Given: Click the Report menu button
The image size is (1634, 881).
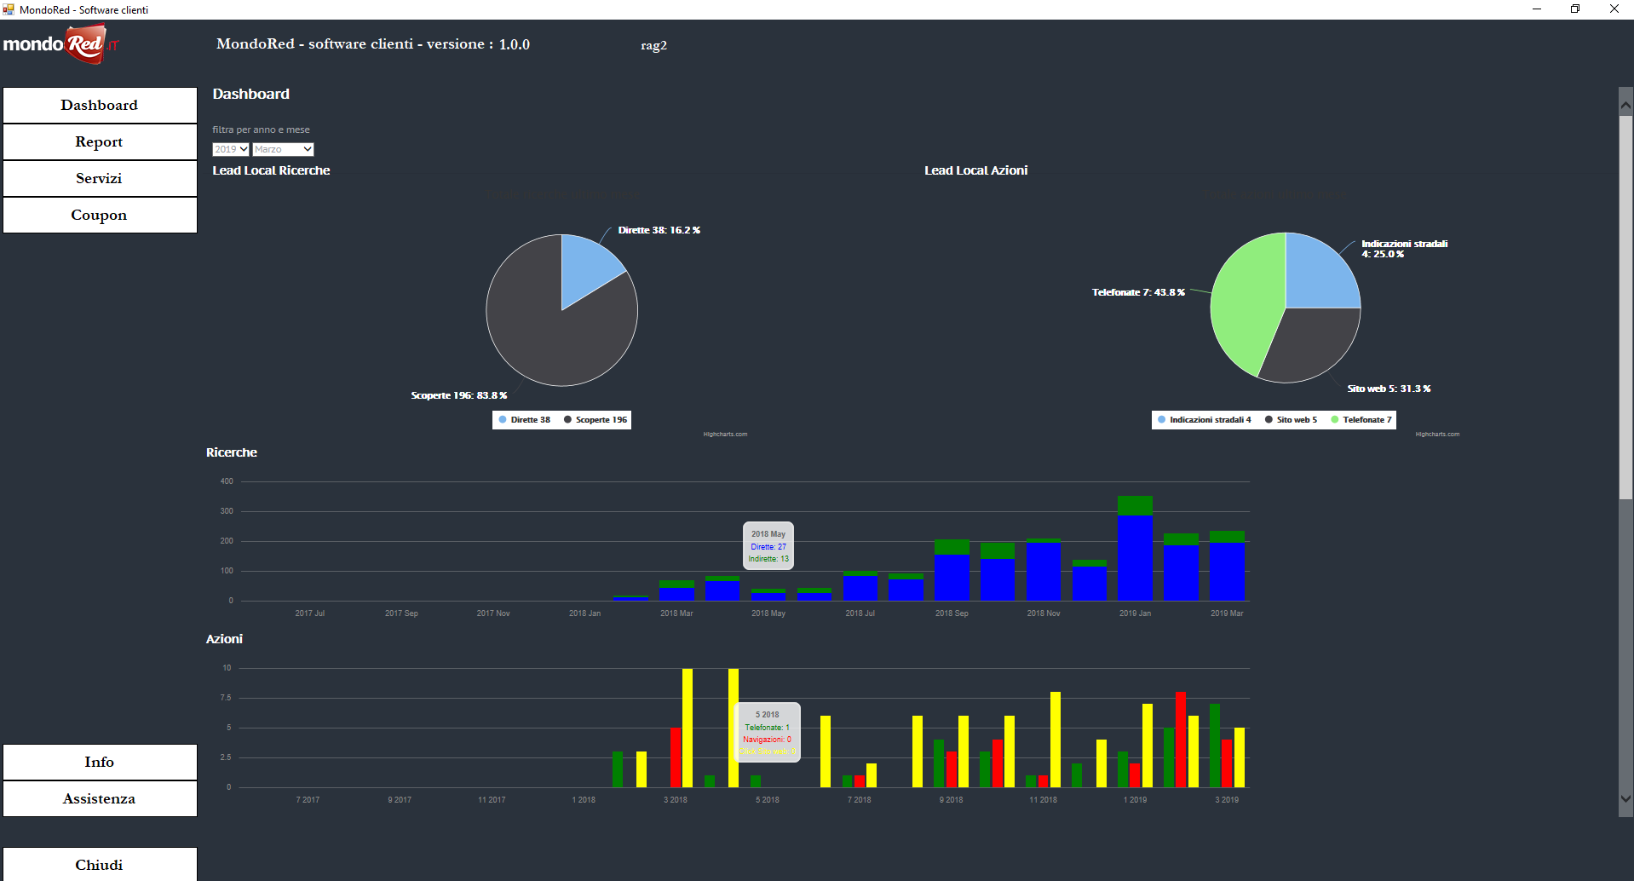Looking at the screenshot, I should click(100, 142).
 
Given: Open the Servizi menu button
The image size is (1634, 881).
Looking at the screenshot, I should click(100, 179).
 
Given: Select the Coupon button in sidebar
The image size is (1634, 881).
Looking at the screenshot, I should click(100, 216).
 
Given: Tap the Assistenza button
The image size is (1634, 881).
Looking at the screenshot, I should click(100, 799).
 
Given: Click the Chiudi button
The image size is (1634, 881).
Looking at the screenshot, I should click(100, 865).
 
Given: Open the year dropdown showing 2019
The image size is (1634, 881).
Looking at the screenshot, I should click(231, 149).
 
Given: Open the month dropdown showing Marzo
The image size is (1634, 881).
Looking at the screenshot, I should click(284, 149).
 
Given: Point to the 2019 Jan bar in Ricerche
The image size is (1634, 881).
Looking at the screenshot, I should click(1135, 554).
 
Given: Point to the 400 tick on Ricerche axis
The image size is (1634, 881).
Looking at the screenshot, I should click(227, 481).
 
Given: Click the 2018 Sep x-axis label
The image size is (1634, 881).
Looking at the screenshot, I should click(952, 613).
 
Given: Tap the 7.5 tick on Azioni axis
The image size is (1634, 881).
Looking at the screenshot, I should click(226, 698).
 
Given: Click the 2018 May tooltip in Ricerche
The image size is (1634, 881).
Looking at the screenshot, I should click(768, 546).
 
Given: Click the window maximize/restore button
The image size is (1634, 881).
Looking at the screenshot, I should click(1575, 9).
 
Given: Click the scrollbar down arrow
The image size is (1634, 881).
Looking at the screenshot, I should click(1625, 799).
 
